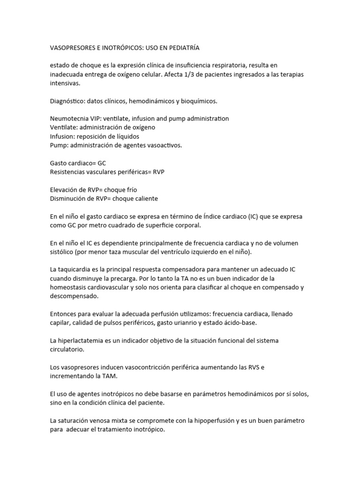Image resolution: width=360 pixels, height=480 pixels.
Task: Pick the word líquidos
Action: pos(125,136)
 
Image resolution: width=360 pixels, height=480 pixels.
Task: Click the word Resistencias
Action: pos(68,172)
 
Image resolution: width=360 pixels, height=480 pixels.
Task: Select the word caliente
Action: pos(144,198)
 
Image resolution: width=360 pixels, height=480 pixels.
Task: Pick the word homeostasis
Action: pos(71,287)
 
